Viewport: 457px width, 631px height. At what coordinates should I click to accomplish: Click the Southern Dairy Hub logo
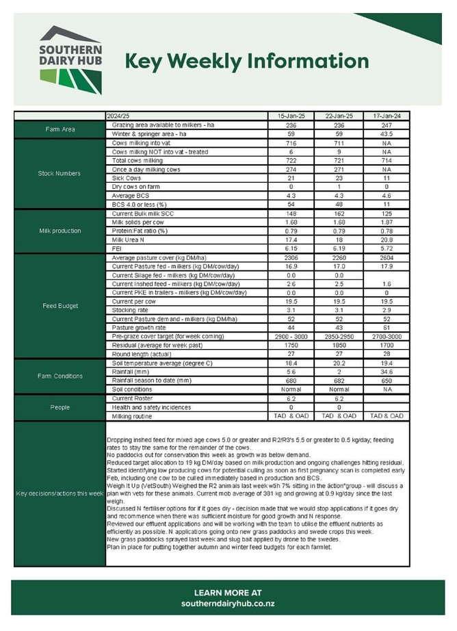coord(70,60)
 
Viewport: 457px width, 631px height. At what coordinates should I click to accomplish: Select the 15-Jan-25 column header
coord(290,116)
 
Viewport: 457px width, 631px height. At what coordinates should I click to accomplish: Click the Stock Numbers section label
coord(60,173)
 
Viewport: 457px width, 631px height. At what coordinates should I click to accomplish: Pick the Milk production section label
coord(60,231)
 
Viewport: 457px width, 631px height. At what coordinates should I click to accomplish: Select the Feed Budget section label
coord(60,306)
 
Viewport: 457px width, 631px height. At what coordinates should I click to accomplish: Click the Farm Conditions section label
coord(60,376)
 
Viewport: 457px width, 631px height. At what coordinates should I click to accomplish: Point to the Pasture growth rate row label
coord(140,327)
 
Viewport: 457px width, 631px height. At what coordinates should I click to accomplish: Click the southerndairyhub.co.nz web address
coord(228,604)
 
